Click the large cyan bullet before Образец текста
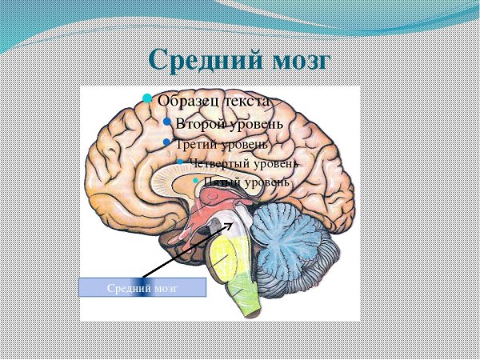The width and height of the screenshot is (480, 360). click(x=147, y=98)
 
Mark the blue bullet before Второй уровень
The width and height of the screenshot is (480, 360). click(x=167, y=122)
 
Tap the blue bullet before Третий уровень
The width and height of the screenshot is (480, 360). click(x=166, y=142)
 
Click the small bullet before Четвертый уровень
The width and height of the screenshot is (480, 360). click(x=180, y=162)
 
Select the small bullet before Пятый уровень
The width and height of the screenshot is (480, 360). click(x=196, y=182)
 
